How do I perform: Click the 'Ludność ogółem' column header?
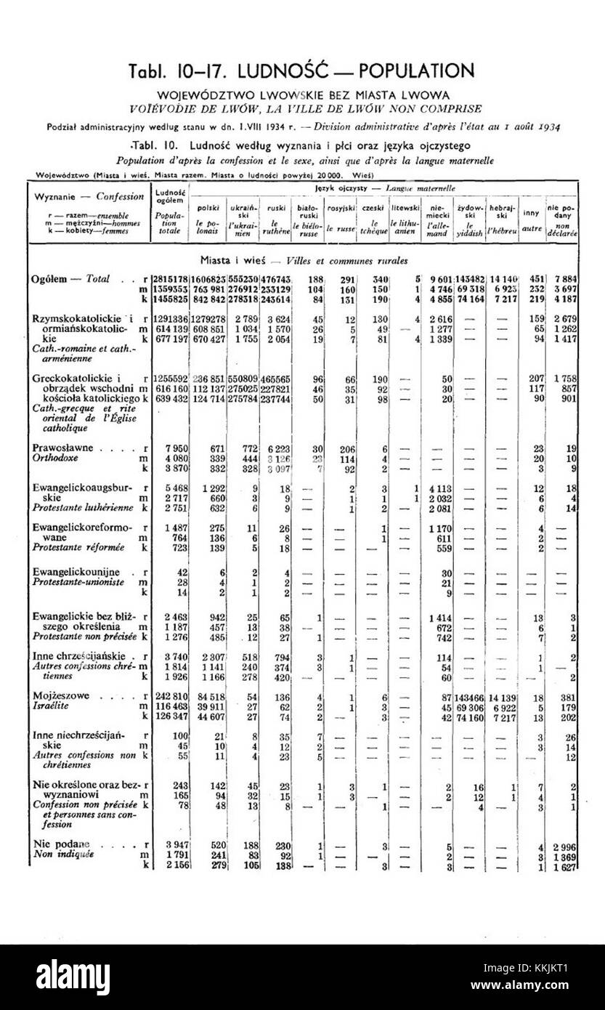pyautogui.click(x=168, y=195)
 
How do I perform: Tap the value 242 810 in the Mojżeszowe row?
pyautogui.click(x=165, y=695)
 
